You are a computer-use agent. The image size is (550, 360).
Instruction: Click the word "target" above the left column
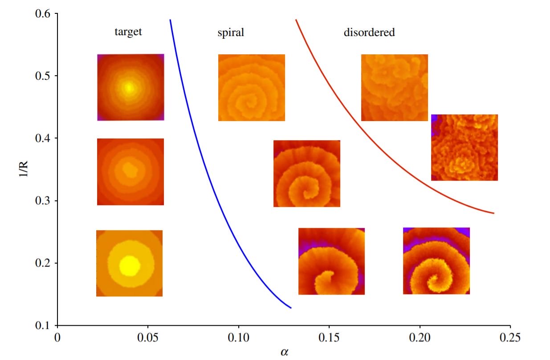click(128, 32)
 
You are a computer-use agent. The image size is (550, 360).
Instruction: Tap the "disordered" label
click(369, 32)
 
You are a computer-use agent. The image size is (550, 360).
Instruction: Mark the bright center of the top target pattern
click(129, 87)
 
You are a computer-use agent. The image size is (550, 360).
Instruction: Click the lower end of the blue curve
click(291, 307)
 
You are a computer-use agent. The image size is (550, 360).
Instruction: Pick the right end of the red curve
click(494, 213)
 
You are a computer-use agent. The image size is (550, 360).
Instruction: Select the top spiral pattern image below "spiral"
click(251, 88)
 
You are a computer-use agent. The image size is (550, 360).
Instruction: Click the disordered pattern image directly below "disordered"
click(394, 88)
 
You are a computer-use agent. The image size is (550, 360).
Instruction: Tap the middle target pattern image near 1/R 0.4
click(130, 172)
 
